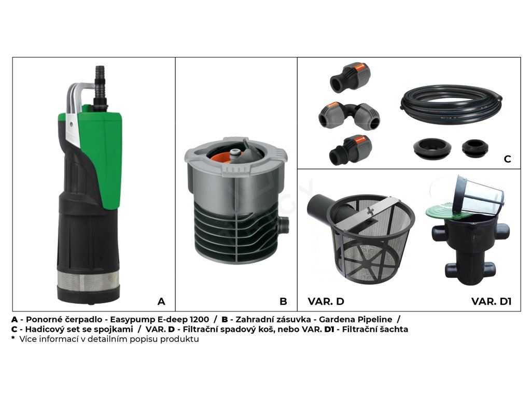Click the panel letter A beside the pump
click(161, 301)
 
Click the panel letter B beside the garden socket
click(284, 301)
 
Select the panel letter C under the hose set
click(507, 159)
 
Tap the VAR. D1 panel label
click(491, 301)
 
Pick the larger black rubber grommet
click(432, 148)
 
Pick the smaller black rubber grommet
click(475, 148)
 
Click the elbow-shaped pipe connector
click(349, 116)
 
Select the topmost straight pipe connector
click(350, 77)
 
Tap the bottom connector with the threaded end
click(350, 150)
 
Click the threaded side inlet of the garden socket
click(284, 225)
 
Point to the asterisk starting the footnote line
click(13, 338)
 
